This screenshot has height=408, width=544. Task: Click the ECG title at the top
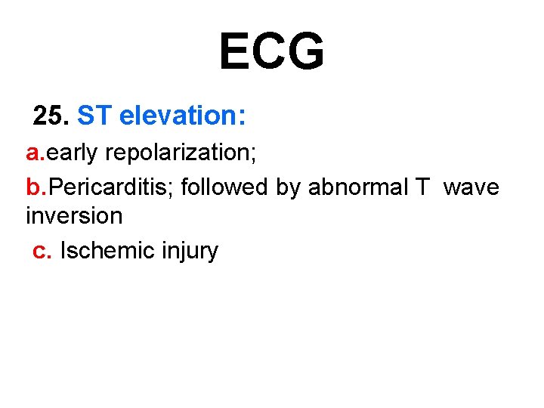click(272, 51)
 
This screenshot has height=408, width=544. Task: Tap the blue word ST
click(94, 116)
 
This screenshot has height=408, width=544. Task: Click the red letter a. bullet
click(36, 153)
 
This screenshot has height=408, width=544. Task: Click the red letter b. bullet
click(36, 187)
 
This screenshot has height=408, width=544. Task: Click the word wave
click(471, 187)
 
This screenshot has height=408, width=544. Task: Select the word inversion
click(74, 216)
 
